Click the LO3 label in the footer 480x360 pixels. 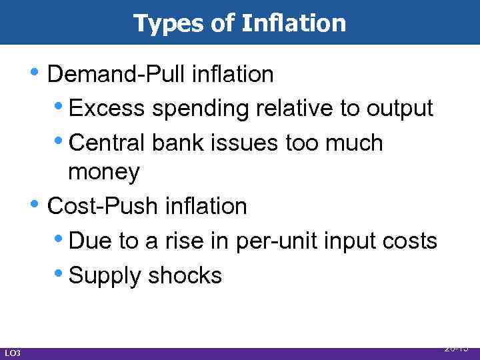pos(12,353)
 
